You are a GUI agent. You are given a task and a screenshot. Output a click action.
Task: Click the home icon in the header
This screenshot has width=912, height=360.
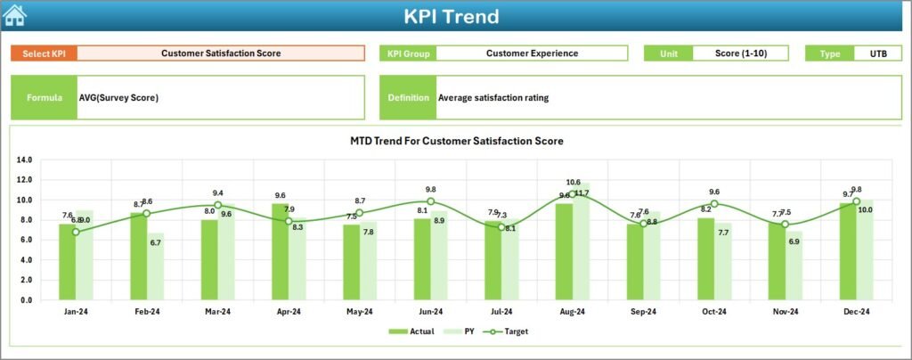click(x=15, y=15)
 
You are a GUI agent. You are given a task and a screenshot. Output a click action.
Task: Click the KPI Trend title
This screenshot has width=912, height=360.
click(x=451, y=16)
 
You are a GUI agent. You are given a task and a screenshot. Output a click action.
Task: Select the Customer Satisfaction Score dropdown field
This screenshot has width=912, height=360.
click(x=221, y=53)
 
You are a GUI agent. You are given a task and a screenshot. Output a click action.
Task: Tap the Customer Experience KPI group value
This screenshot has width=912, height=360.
click(x=532, y=53)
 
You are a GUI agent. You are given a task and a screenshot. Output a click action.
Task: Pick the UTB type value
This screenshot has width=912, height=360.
click(x=877, y=53)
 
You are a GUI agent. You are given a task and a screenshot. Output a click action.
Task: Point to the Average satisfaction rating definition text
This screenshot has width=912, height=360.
click(x=493, y=98)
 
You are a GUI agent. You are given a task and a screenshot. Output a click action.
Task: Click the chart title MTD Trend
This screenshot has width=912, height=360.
click(x=457, y=141)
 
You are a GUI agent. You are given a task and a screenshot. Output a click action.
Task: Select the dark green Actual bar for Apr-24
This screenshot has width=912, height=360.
click(x=280, y=252)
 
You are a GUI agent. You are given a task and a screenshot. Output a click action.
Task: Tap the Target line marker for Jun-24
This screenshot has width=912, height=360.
click(x=430, y=201)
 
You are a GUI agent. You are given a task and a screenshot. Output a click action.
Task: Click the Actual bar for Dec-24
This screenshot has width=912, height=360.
click(x=846, y=252)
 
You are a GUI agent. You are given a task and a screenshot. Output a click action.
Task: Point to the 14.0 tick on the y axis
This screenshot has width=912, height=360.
click(x=24, y=160)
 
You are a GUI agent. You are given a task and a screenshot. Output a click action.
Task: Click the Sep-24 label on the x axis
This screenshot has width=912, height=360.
click(x=643, y=311)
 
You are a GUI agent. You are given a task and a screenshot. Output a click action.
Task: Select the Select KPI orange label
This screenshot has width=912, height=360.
click(x=44, y=53)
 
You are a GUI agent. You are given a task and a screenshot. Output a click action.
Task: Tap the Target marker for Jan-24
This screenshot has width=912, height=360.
click(x=76, y=232)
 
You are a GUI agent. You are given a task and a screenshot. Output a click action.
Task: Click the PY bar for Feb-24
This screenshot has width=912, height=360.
click(x=156, y=266)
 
